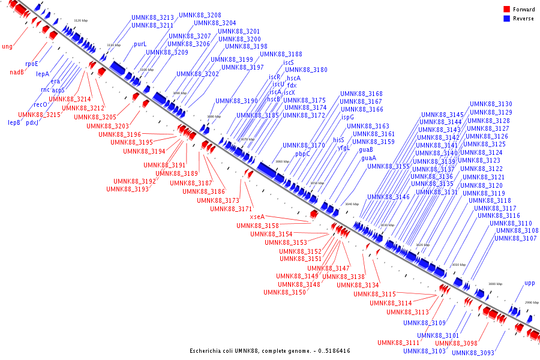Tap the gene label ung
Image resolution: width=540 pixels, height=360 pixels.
(7, 46)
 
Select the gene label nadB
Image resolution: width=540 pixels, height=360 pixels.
(17, 73)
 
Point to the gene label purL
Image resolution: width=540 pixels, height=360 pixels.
(140, 44)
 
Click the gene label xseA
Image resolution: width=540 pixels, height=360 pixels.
(257, 217)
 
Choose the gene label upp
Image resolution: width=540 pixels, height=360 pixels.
(529, 283)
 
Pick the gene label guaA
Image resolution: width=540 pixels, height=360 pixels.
(367, 158)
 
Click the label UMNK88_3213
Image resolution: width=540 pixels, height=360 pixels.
(152, 17)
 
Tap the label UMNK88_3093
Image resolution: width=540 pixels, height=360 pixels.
(473, 353)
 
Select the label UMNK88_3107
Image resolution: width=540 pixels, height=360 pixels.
(515, 239)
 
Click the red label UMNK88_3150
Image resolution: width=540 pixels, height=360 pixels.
(284, 293)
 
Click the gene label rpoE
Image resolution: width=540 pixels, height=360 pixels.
(31, 64)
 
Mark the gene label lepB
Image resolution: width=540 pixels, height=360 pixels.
(14, 122)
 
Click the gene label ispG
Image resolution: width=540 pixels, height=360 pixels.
(348, 118)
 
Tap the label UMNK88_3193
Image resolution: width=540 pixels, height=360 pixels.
(127, 189)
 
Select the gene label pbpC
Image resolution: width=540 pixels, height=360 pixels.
(302, 154)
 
